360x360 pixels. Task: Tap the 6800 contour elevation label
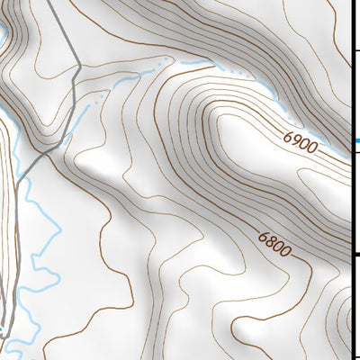click(274, 243)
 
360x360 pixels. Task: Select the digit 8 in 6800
click(270, 240)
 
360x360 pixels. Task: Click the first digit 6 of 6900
click(287, 137)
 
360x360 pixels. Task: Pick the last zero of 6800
click(285, 251)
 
